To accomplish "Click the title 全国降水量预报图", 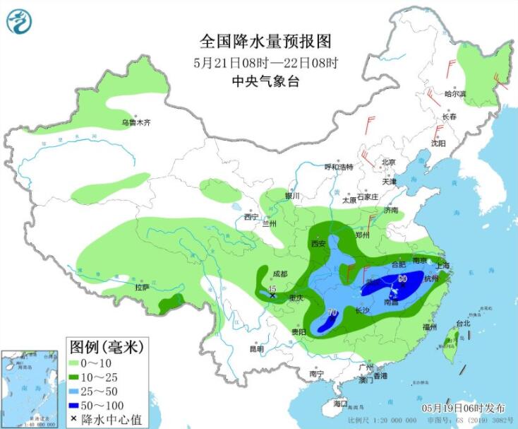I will point(255,41).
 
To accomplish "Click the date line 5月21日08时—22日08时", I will point(256,61).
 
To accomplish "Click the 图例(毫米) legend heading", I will point(107,346).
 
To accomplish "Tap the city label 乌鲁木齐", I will point(135,123).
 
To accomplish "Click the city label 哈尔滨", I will point(455,93).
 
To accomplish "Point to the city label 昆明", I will point(256,348).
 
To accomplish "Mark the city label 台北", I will point(462,324).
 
